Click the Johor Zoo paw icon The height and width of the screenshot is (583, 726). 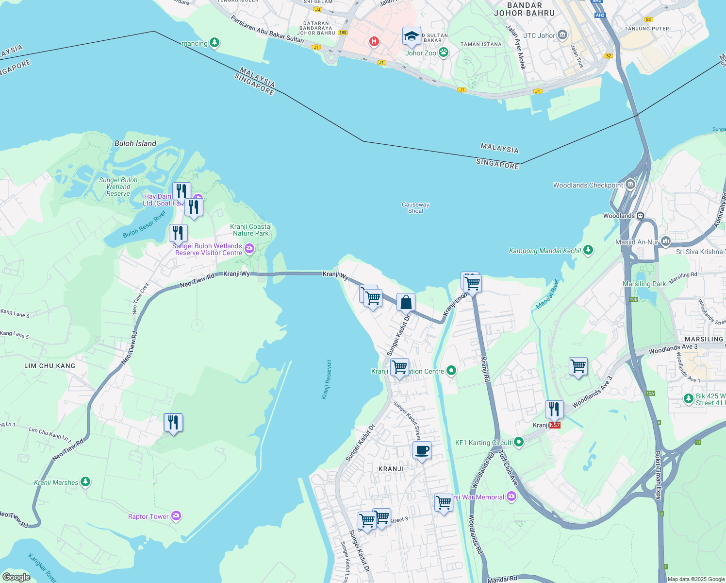(x=443, y=52)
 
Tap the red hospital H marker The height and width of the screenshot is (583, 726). (x=374, y=41)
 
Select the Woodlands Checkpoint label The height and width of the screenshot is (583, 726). (x=588, y=185)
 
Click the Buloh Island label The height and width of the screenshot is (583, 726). (x=135, y=143)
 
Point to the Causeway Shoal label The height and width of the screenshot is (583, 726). (x=415, y=207)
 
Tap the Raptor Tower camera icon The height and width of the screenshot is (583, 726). (x=176, y=516)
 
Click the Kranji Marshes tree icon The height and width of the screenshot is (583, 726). (x=85, y=482)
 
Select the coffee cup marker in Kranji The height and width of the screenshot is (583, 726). (x=422, y=450)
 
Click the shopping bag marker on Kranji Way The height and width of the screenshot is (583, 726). (x=406, y=302)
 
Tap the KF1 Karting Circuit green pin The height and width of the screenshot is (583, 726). (x=519, y=442)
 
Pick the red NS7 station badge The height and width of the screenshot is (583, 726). (x=555, y=425)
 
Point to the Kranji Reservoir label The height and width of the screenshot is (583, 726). (x=328, y=379)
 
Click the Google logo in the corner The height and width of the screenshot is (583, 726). (x=16, y=577)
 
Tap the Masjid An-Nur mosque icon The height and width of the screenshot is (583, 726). (x=665, y=241)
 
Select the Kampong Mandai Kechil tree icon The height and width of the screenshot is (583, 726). (x=588, y=250)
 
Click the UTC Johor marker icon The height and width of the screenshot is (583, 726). (x=562, y=35)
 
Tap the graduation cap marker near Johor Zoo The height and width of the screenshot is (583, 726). (x=411, y=35)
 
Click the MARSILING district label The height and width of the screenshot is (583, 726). (x=704, y=339)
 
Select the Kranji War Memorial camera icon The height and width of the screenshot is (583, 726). (x=511, y=497)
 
